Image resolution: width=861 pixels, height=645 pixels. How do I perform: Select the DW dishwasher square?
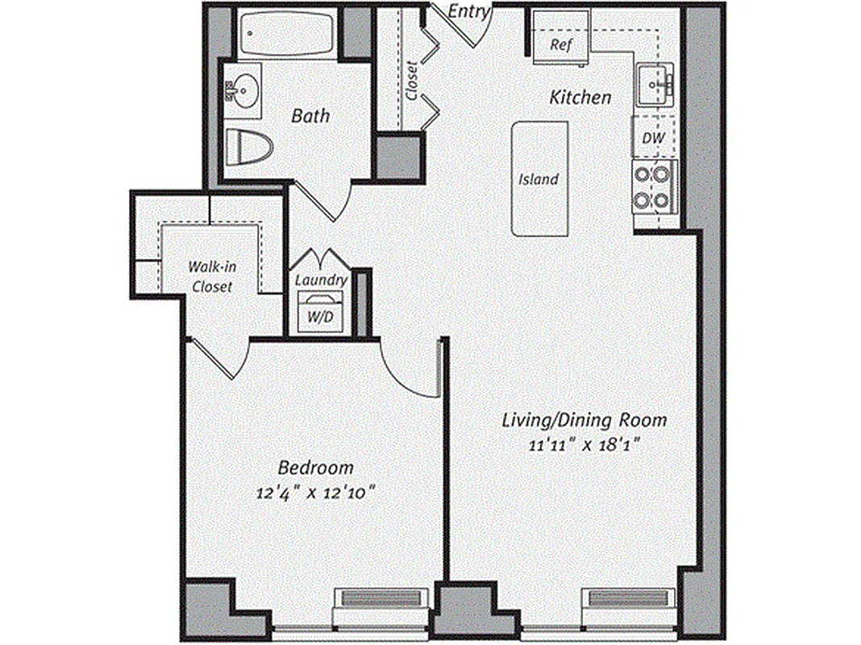coord(654,138)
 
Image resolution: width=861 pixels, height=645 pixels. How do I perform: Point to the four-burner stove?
coord(654,186)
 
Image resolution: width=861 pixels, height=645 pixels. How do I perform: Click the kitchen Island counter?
coord(539,179)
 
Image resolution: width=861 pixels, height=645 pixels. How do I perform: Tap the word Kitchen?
coord(580,98)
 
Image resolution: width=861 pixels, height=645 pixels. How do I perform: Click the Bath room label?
coord(310,116)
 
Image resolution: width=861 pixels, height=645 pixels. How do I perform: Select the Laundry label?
coord(321,280)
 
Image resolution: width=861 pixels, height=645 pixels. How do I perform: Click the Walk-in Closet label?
coord(211,276)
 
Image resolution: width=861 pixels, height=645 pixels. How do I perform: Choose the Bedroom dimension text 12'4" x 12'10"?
coord(316,491)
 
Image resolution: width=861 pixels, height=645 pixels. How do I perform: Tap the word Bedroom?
coord(316,468)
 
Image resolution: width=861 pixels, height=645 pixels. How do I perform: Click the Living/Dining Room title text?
coord(584,420)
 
